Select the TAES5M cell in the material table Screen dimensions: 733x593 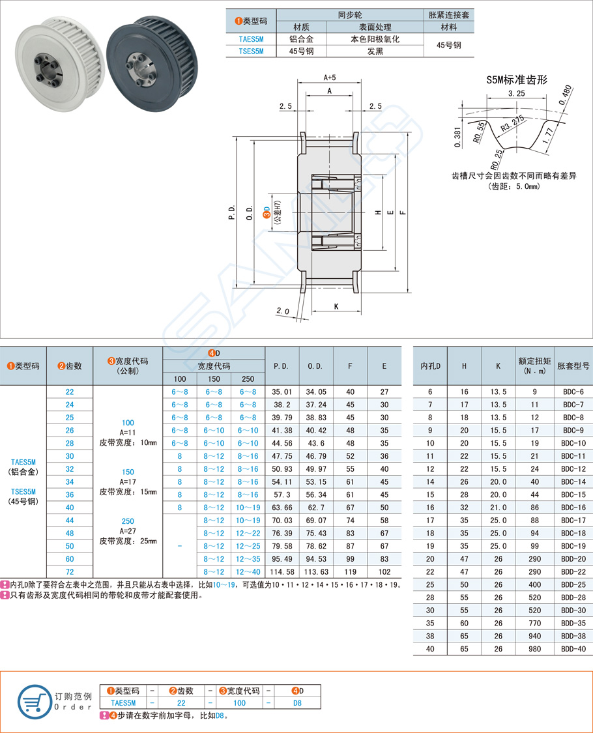click(251, 39)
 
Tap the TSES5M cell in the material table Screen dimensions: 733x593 click(251, 51)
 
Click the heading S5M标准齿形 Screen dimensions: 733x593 click(517, 79)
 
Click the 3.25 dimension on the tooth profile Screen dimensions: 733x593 click(516, 94)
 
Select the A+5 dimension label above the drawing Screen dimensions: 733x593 click(329, 77)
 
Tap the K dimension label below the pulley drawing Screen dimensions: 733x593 click(336, 306)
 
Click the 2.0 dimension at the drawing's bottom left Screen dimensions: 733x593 click(282, 311)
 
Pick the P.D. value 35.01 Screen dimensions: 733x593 click(281, 392)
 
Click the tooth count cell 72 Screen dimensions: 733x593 click(70, 571)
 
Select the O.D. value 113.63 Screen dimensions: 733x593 click(316, 571)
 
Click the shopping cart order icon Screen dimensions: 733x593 click(34, 702)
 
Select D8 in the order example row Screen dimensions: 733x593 click(297, 703)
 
